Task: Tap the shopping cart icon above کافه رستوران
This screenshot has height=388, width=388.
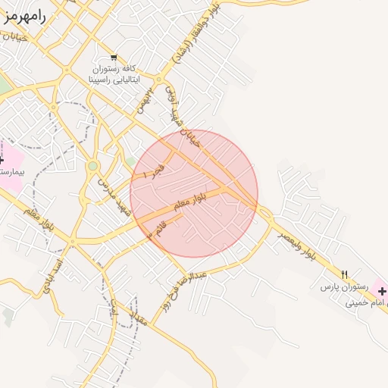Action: tap(114, 58)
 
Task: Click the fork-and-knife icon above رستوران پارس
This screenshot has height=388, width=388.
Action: tap(345, 274)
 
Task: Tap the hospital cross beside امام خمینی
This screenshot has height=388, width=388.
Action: tap(381, 291)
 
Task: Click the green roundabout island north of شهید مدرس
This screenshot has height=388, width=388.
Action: tap(92, 166)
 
